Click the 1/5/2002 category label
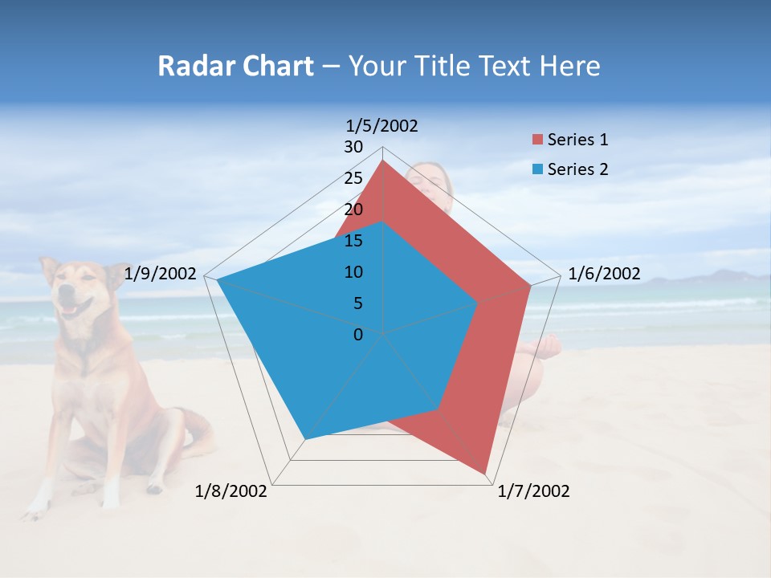[381, 125]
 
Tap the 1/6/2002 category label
[604, 274]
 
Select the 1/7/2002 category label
[533, 491]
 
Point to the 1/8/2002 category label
[231, 491]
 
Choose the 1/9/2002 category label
[161, 274]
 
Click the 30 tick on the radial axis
[353, 147]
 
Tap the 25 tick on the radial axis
[353, 178]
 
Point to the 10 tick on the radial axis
[353, 272]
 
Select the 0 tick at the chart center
[358, 335]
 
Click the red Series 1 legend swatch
[537, 140]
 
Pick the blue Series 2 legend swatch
[537, 169]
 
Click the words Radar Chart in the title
[235, 66]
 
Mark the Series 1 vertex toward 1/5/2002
[382, 161]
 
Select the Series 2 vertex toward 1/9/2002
[218, 279]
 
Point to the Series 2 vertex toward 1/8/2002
[304, 439]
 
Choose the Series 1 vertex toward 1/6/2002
[530, 284]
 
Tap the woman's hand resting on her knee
[549, 347]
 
